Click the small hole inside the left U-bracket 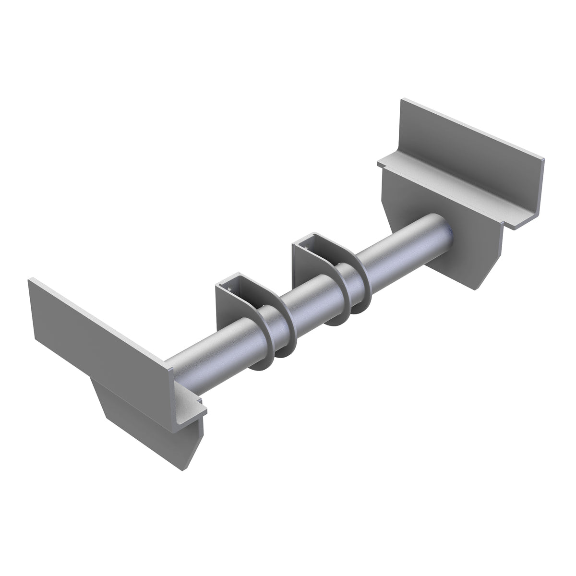[229, 289]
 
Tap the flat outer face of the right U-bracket [307, 274]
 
